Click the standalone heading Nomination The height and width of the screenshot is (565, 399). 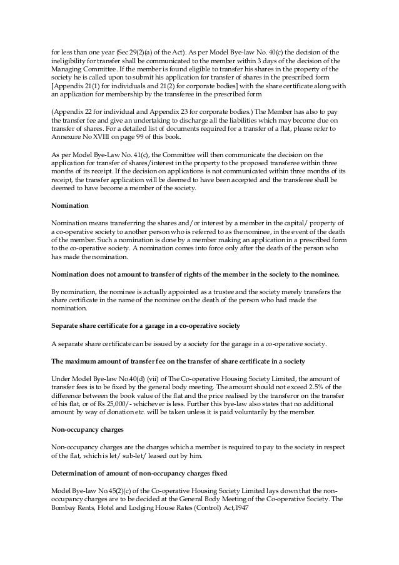[x=69, y=205]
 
